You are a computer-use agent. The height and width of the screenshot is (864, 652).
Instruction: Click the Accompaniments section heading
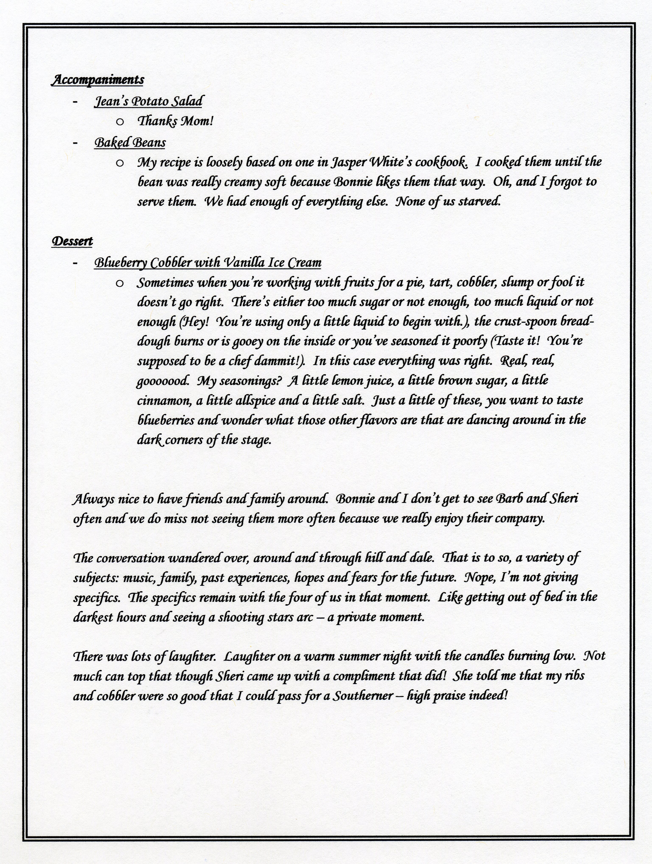pos(98,80)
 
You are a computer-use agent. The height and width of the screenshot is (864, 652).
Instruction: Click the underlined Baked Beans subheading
pos(130,143)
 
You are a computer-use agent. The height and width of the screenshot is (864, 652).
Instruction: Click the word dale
pos(420,557)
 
